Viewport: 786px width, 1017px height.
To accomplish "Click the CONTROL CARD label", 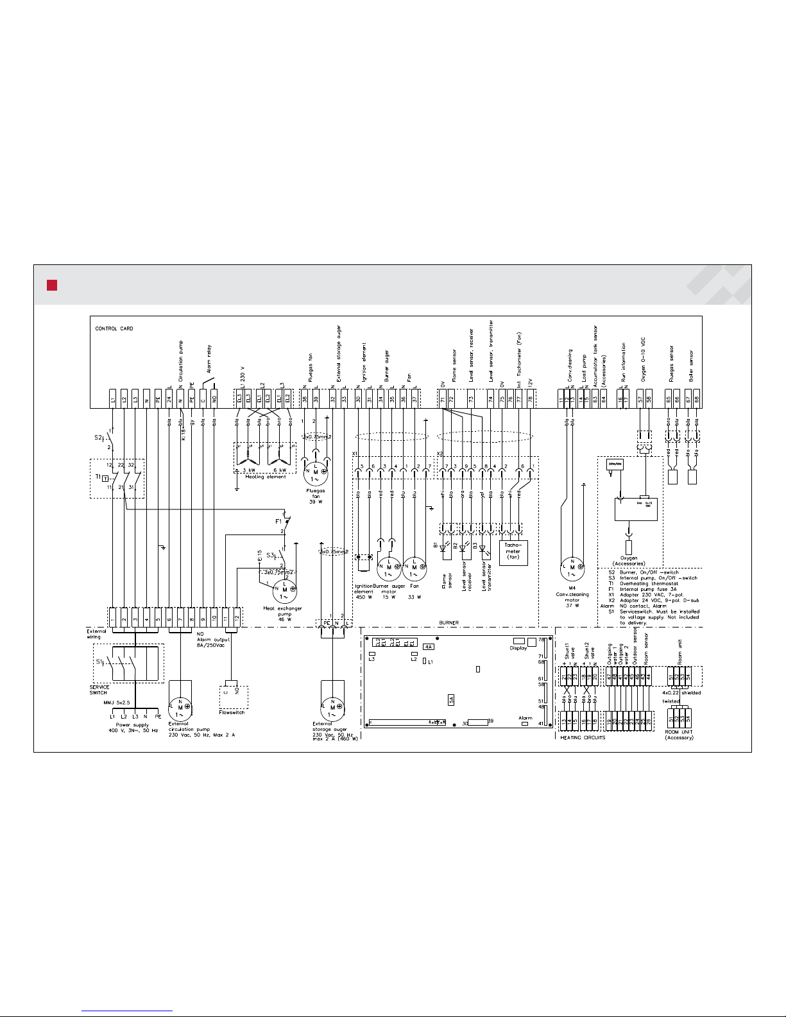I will tap(114, 329).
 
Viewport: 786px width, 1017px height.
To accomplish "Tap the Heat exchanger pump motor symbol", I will tap(284, 590).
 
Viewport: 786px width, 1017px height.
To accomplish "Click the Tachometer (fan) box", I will tap(513, 552).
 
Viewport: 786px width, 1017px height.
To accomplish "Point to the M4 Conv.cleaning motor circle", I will tap(572, 567).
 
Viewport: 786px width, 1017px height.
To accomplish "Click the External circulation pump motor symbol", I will tap(180, 708).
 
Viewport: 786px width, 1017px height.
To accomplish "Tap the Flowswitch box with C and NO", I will tap(231, 692).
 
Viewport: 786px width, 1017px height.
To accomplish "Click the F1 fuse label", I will tap(278, 522).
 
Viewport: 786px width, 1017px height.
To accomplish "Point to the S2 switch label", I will tap(98, 438).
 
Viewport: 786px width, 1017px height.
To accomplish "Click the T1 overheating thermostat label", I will tap(98, 477).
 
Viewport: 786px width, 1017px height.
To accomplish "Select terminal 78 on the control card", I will tap(531, 398).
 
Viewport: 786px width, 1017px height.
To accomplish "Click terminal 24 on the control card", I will tap(169, 398).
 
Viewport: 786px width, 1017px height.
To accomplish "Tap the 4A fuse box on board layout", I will tap(429, 647).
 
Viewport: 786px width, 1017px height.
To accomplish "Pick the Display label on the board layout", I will tap(518, 648).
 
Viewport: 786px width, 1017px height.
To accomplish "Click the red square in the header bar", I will tap(52, 286).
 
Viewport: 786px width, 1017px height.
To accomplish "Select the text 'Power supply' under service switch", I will tap(132, 725).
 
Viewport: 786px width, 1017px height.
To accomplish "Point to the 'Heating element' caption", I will tap(266, 477).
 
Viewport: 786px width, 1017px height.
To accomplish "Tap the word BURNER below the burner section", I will tap(449, 623).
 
